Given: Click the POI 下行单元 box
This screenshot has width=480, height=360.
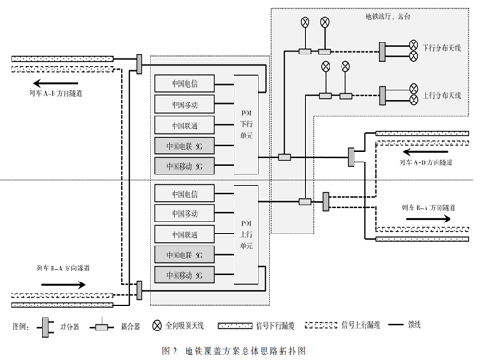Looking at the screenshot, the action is pos(246,125).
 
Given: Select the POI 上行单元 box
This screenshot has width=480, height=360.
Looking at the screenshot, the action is pos(246,234).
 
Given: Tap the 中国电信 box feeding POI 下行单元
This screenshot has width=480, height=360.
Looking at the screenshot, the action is pos(185,83).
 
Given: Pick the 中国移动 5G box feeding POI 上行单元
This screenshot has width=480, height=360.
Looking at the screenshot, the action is pos(185,275).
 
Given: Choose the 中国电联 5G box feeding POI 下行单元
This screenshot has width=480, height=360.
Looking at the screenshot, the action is pos(185,146).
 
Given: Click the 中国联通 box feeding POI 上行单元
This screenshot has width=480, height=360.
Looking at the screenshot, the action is pos(185,234).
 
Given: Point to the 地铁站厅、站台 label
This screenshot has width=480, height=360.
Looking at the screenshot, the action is pos(388,17).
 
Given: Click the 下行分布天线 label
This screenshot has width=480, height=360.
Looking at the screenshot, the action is pos(441,48).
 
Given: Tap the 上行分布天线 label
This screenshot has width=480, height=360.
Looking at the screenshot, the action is pos(441,96).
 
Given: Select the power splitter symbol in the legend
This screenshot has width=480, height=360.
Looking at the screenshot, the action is pos(45,327).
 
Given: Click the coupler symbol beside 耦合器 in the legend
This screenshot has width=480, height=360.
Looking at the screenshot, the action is pos(102,327).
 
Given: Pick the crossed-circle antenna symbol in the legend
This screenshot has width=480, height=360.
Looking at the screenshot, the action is pos(157,326).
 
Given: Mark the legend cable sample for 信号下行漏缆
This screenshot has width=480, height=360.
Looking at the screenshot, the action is pos(235,326).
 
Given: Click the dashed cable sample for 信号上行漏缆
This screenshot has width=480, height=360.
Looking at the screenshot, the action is pos(320,325).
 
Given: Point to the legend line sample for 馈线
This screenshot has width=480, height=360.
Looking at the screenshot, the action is pos(396,324).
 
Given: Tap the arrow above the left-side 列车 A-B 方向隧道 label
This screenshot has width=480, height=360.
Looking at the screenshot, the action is pos(55,83).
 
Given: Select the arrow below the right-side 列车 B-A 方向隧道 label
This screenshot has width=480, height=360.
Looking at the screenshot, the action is pos(428,219).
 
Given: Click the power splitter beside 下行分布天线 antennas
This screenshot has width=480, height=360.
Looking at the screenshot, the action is pos(382,52).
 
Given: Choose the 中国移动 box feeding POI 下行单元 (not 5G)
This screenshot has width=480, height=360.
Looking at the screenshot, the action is pos(185,104).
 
